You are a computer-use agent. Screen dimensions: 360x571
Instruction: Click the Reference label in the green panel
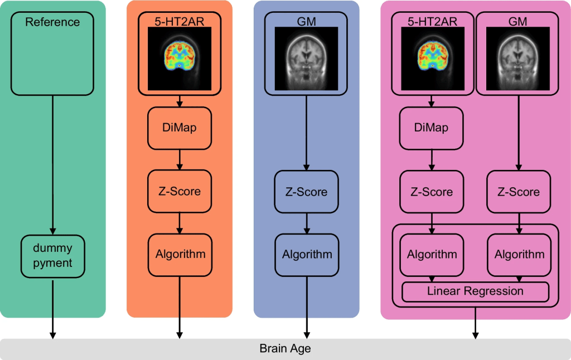52,22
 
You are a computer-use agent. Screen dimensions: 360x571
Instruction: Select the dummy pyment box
52,256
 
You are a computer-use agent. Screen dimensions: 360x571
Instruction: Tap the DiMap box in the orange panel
180,128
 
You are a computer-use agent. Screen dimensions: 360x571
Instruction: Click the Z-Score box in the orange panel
180,191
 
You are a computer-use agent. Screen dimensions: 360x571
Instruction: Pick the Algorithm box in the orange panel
180,254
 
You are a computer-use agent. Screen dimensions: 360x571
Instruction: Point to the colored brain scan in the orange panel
180,59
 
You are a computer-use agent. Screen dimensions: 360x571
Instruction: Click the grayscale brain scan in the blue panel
306,59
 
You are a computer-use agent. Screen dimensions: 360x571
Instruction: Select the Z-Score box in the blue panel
306,191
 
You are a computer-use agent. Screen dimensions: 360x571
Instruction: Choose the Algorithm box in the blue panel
306,254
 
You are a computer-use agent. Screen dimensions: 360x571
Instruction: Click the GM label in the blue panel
306,22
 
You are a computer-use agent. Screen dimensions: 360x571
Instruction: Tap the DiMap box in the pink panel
432,128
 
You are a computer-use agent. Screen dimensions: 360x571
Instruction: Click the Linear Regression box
475,291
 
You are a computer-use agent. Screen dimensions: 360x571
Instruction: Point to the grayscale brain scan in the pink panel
519,59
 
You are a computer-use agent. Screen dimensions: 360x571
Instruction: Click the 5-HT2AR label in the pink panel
432,22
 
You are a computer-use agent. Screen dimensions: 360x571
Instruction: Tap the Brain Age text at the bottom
285,349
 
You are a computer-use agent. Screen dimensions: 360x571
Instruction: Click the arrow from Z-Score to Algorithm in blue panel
306,222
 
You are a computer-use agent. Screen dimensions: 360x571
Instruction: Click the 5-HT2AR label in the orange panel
180,22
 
